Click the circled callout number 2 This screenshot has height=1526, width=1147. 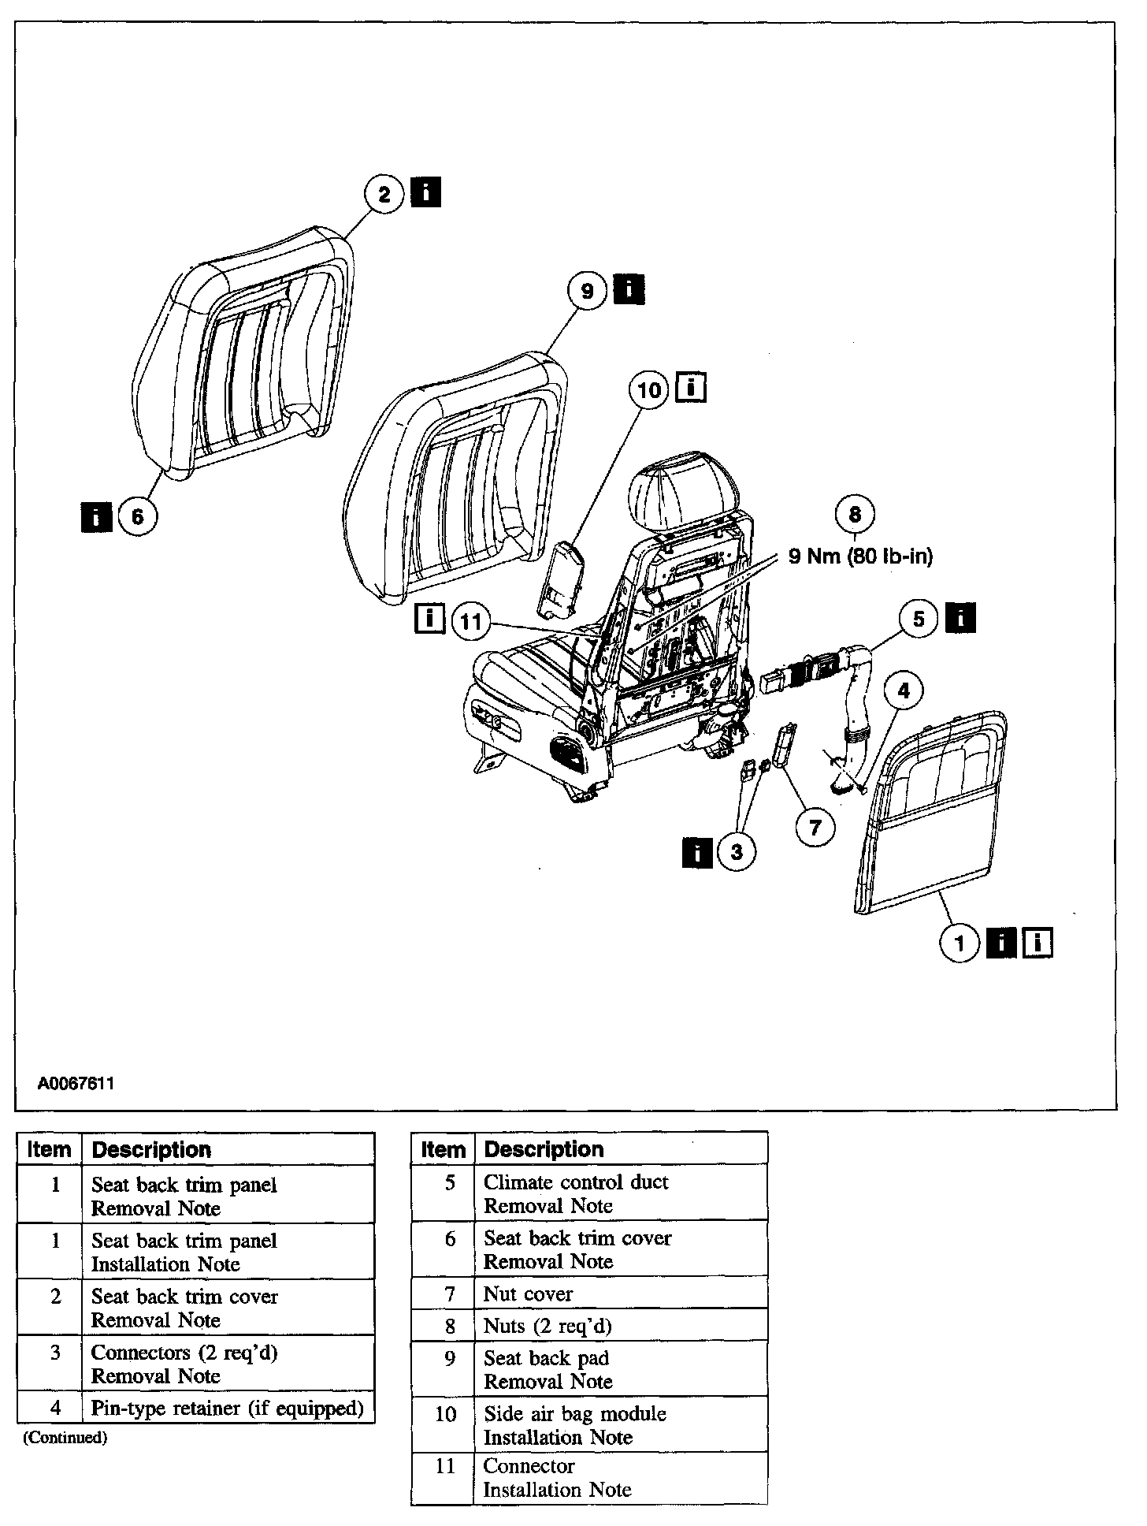(x=384, y=194)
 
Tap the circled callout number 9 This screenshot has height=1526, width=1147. (x=588, y=292)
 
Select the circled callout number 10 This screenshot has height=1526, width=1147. (x=650, y=390)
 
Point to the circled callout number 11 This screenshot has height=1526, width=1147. (x=471, y=622)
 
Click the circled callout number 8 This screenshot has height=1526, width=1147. (x=855, y=515)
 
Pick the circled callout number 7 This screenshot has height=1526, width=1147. (x=815, y=827)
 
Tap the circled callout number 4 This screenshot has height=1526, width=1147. (x=904, y=690)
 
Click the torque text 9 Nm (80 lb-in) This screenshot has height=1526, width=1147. (x=860, y=556)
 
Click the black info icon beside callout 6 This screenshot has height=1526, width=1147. (x=96, y=517)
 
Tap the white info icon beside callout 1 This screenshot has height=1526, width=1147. (x=1037, y=943)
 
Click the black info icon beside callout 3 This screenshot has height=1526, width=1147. (x=697, y=852)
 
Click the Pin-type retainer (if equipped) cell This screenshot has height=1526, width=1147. (x=228, y=1408)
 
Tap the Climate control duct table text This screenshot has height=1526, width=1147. (x=576, y=1182)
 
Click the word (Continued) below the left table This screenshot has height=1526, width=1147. (x=65, y=1437)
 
